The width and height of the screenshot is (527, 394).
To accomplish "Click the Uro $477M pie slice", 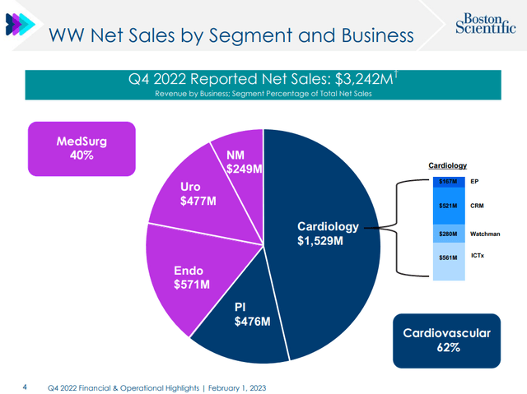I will pyautogui.click(x=198, y=193).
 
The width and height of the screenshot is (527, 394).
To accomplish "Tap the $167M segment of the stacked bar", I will pyautogui.click(x=448, y=180).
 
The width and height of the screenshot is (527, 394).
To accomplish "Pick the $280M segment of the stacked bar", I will pyautogui.click(x=448, y=234).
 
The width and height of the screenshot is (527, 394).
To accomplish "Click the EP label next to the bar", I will pyautogui.click(x=474, y=180).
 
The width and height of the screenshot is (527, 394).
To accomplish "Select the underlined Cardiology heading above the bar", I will pyautogui.click(x=448, y=165).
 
